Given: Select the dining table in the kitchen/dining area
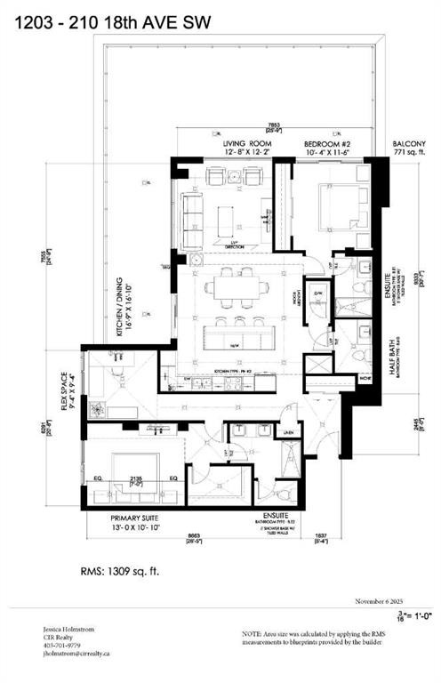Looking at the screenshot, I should [236, 286].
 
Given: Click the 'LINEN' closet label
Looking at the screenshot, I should [287, 433].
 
